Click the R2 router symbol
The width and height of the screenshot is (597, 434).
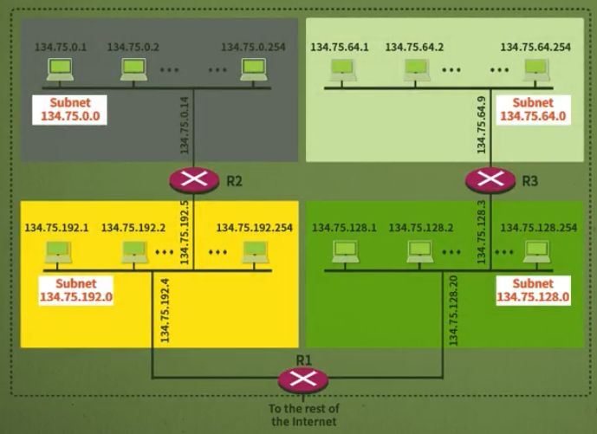click(x=194, y=180)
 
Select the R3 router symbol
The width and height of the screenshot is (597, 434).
click(x=490, y=180)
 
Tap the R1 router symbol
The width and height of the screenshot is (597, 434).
click(x=302, y=379)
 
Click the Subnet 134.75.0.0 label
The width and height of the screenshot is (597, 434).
click(x=69, y=109)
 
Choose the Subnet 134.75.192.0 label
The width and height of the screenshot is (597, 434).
click(x=76, y=290)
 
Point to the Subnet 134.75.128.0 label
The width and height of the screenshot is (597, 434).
click(x=532, y=290)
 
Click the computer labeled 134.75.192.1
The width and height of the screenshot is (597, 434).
click(x=57, y=252)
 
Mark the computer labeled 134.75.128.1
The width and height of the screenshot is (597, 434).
click(x=344, y=252)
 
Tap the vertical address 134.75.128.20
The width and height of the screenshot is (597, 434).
click(x=452, y=310)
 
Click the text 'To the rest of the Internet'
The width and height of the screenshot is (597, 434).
click(x=303, y=414)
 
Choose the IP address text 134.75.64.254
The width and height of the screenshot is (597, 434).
click(x=535, y=47)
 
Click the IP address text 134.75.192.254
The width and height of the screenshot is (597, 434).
click(x=255, y=228)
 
